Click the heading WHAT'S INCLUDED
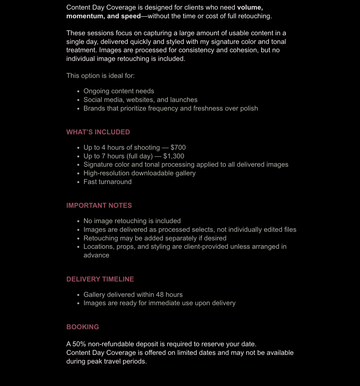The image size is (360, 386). pos(98,132)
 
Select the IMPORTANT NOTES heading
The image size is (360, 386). pos(99,206)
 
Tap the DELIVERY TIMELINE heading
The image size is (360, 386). pos(100,279)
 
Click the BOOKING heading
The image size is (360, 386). pos(82,327)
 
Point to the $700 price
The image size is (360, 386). pos(178,147)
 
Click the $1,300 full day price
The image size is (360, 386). pos(174,156)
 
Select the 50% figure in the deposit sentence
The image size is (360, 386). pos(79,344)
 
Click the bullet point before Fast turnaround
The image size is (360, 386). pos(78,182)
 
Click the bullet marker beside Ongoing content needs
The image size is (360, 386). pos(78,91)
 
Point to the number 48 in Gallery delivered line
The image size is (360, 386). pos(160,295)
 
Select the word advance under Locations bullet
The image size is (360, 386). pos(96,255)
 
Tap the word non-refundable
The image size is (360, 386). pos(111,344)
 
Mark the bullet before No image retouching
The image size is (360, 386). pos(78,221)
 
